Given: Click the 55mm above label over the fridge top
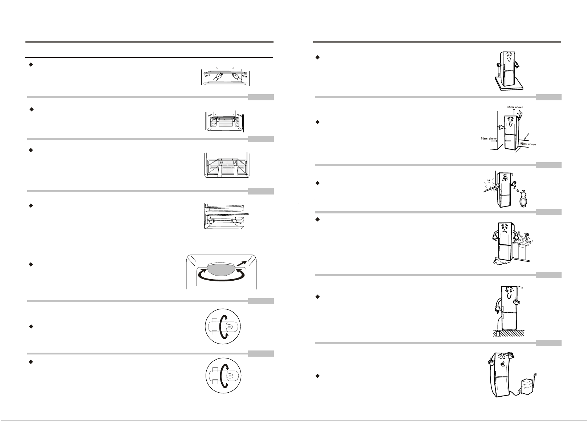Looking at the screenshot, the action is click(x=515, y=107).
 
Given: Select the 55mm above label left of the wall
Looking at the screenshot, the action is click(x=485, y=139).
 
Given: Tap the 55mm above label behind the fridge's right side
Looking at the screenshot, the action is click(x=528, y=144).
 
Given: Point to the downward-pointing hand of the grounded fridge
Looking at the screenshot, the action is click(x=497, y=310).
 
